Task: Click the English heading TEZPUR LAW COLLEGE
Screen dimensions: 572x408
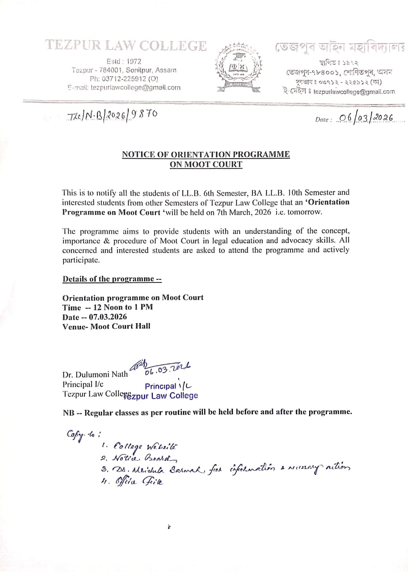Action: [x=126, y=46]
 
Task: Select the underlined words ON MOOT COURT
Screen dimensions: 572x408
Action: [x=206, y=164]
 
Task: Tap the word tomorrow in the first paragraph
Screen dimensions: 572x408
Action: [x=305, y=212]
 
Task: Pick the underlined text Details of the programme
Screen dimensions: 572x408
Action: [x=112, y=279]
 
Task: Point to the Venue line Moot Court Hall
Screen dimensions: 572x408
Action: [x=106, y=326]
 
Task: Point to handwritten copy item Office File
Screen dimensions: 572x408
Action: [x=139, y=481]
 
